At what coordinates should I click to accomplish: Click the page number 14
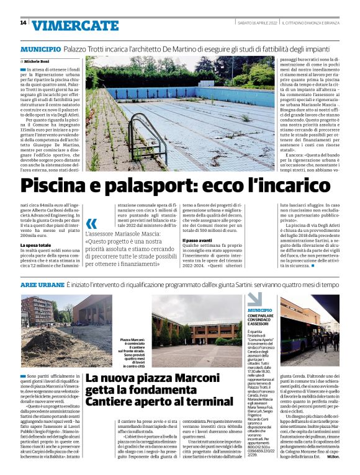pyautogui.click(x=23, y=23)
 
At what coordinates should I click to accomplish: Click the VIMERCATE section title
pyautogui.click(x=74, y=25)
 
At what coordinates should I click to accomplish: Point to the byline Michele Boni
pyautogui.click(x=40, y=62)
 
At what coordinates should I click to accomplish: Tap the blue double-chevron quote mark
pyautogui.click(x=92, y=224)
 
